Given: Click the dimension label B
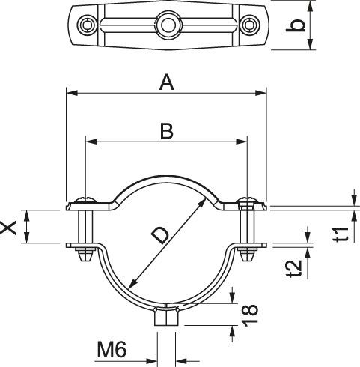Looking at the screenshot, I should click(x=166, y=131).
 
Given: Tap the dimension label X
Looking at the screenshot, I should click(x=10, y=227).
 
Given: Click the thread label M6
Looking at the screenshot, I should click(x=112, y=348).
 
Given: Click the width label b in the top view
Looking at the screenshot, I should click(x=298, y=26).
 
